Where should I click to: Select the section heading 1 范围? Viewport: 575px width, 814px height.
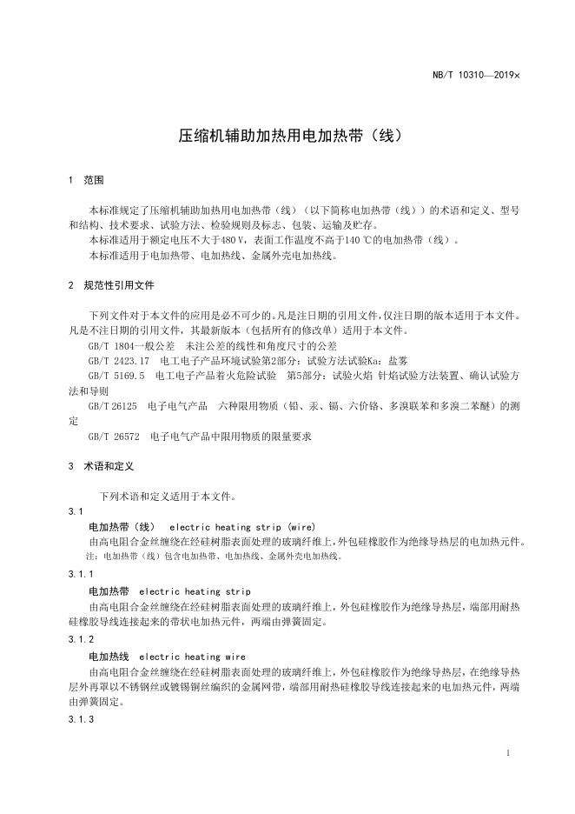[x=86, y=181]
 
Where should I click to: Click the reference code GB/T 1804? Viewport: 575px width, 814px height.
[x=115, y=345]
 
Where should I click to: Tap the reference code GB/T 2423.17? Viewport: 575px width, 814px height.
[x=120, y=360]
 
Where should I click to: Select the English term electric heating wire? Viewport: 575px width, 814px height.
[x=192, y=657]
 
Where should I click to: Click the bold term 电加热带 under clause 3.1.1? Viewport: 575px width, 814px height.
[x=109, y=591]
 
